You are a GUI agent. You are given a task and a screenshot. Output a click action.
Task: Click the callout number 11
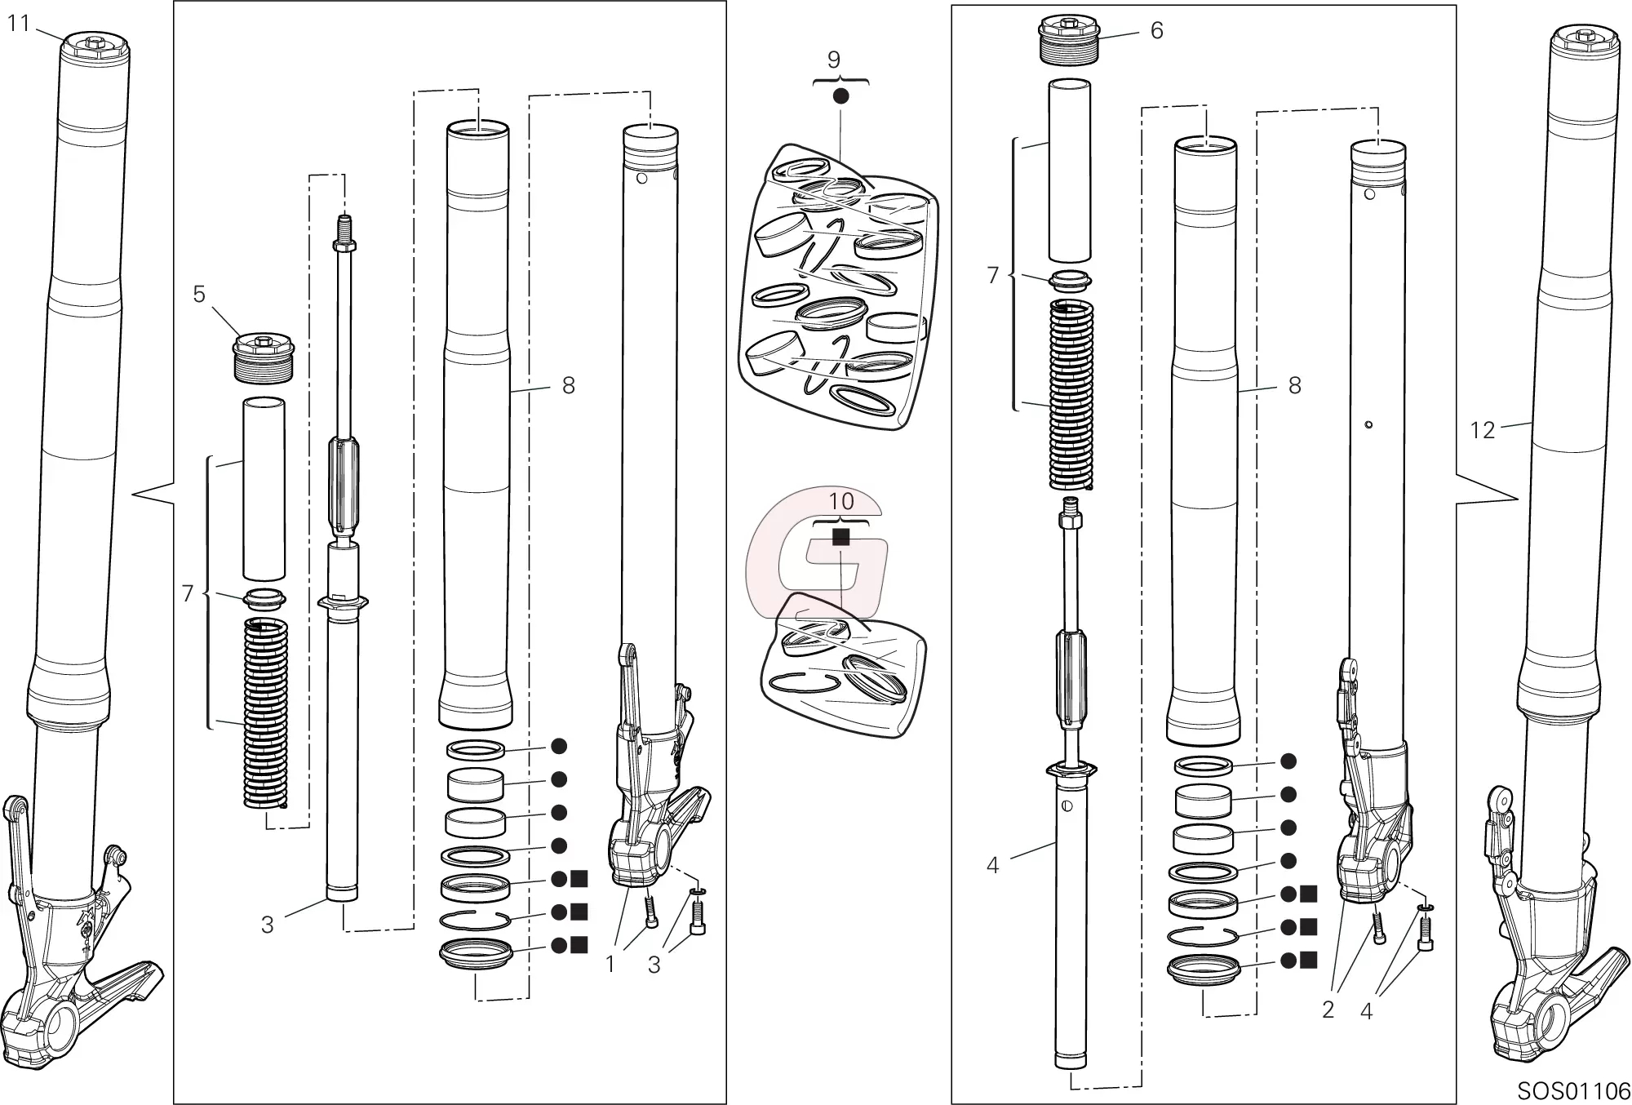tap(18, 24)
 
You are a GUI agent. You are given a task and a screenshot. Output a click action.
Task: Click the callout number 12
tap(1482, 430)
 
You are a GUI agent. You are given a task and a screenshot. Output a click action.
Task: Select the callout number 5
tap(199, 294)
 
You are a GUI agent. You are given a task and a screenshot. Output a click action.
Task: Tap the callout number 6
tap(1156, 30)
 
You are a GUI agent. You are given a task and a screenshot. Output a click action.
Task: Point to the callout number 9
tap(833, 60)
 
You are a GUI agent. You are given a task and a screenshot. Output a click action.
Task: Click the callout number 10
tap(841, 500)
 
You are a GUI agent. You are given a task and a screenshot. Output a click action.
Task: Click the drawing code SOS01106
tap(1573, 1091)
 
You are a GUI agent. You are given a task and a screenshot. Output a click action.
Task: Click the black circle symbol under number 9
tap(840, 95)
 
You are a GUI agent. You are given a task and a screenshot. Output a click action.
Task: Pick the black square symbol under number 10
tap(840, 537)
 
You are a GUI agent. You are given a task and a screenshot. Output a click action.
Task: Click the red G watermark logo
tap(816, 555)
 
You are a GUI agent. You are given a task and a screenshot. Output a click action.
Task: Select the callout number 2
tap(1328, 1010)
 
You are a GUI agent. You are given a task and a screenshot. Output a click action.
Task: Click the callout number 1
tap(610, 965)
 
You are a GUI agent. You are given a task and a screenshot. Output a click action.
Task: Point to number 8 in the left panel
tap(569, 386)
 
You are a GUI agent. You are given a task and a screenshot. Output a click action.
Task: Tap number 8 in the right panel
tap(1294, 386)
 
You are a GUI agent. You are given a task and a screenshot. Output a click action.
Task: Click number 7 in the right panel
tap(992, 276)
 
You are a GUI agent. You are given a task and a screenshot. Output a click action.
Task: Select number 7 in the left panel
tap(187, 594)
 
